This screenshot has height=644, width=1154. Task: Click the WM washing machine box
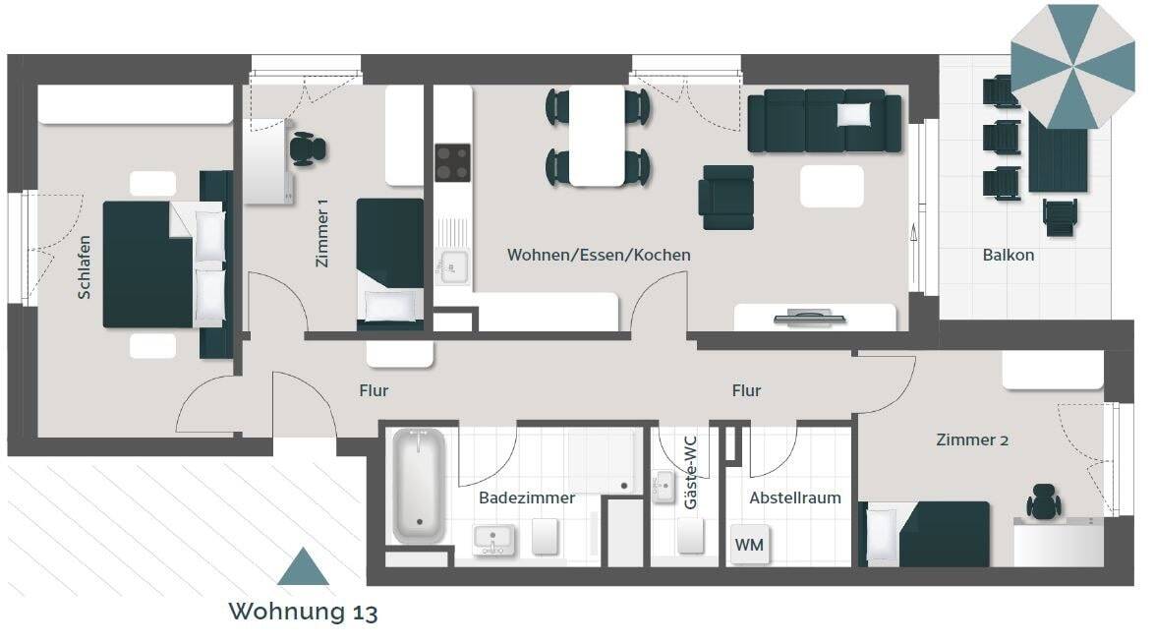(750, 544)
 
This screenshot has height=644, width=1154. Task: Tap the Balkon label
(1008, 256)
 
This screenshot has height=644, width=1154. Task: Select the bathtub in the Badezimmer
(419, 485)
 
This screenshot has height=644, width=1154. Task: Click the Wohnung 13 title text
(303, 612)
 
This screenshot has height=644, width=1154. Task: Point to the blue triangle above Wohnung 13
(303, 567)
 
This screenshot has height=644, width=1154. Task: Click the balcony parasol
(1072, 65)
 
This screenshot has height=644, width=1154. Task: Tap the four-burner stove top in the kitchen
(452, 162)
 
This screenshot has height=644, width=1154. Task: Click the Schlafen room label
(86, 266)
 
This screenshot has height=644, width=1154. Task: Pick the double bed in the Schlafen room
(162, 263)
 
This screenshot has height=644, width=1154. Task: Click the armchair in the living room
(726, 197)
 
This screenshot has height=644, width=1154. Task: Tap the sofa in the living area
(824, 121)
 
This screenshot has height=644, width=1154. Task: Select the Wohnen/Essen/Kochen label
(599, 255)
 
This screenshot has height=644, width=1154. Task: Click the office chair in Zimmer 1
(308, 149)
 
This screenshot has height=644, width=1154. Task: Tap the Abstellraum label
(795, 498)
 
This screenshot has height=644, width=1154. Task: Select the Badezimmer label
(527, 498)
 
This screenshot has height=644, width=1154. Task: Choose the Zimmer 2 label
(972, 439)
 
